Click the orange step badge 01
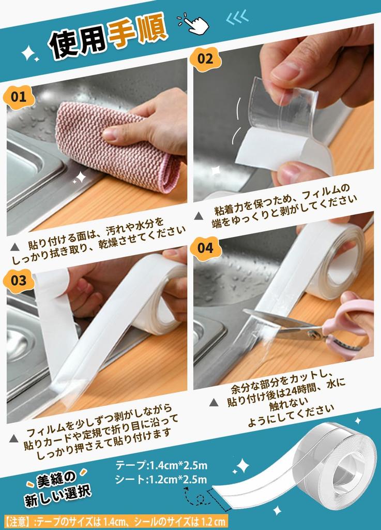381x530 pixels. tap(19, 97)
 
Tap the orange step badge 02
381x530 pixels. tap(205, 59)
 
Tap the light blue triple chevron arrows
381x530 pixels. tap(238, 17)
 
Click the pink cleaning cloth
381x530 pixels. tap(118, 148)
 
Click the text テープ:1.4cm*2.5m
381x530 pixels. tap(161, 465)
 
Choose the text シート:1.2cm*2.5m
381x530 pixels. tap(161, 479)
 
